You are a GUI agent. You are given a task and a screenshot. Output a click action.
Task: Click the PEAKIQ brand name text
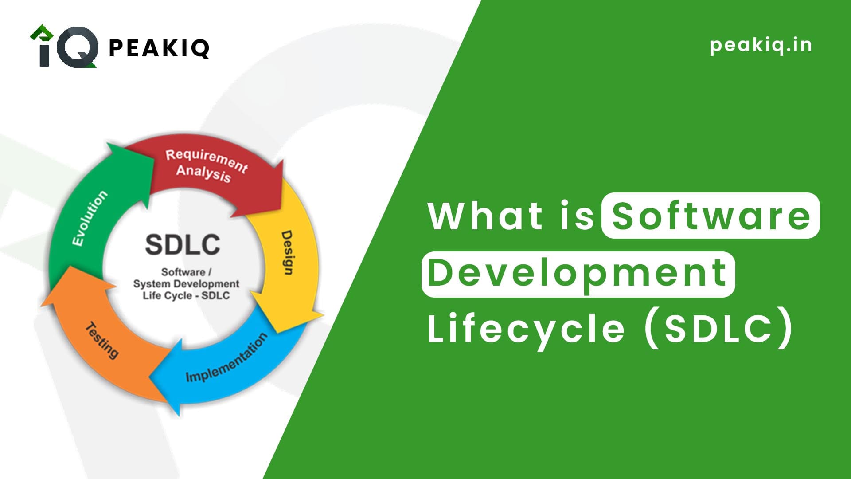(159, 48)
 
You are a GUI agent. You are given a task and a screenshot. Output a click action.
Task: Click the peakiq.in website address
(761, 45)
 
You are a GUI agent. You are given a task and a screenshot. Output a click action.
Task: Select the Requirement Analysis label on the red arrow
(205, 165)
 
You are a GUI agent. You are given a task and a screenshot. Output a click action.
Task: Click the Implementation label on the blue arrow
(226, 357)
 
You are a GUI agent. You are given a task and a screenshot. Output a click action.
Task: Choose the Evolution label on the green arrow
(90, 218)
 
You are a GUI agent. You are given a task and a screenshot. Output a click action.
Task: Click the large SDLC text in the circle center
(183, 244)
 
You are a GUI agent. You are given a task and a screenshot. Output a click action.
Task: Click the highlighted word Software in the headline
(710, 216)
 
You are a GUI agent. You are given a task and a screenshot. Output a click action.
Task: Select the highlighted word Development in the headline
(578, 274)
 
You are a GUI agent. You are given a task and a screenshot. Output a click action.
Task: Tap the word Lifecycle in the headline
(526, 329)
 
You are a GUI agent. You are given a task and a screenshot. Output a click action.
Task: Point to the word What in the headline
(485, 216)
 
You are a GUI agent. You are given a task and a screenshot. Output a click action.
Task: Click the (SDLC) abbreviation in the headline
(718, 329)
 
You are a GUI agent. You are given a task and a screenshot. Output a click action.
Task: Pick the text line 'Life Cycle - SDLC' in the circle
(186, 295)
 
